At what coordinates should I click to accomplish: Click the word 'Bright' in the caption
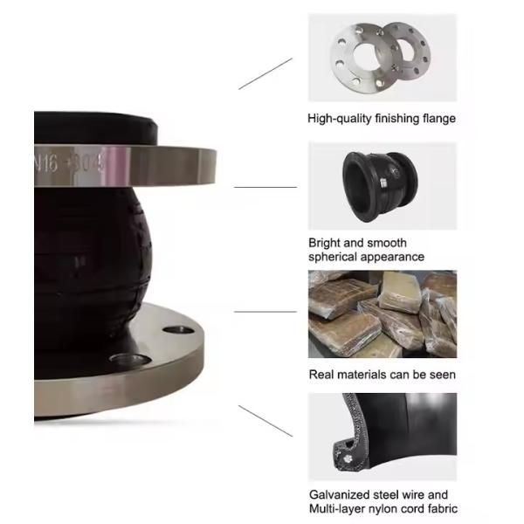tap(325, 243)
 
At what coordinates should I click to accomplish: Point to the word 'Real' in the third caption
tap(321, 375)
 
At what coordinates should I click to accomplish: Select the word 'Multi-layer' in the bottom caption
tap(339, 509)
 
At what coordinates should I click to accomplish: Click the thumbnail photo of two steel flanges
tap(382, 58)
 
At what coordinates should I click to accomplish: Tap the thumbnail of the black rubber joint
tap(382, 185)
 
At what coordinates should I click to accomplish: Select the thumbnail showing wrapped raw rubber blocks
tap(382, 314)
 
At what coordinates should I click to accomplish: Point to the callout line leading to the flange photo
tap(265, 73)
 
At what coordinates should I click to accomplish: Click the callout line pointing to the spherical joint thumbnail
tap(265, 187)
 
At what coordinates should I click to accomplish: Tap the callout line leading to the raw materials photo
tap(265, 312)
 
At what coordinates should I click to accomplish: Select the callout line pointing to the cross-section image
tap(265, 420)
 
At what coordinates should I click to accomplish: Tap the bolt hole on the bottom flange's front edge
tap(122, 360)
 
